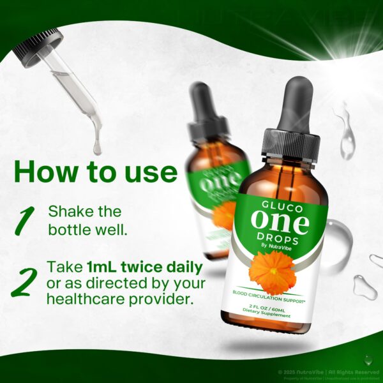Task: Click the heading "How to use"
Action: click(x=95, y=172)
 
